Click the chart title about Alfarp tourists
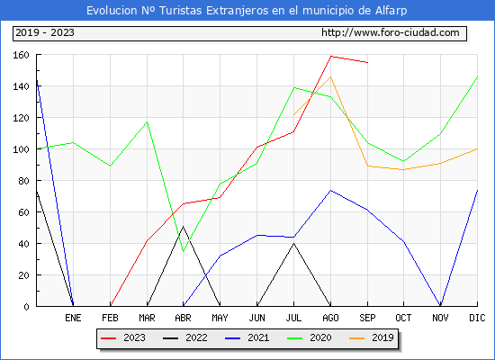coord(247,11)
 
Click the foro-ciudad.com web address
coord(391,32)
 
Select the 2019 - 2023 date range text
coord(45,32)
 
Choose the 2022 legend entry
coord(185,337)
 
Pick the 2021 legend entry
coord(247,337)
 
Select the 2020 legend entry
coord(310,337)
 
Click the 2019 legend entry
coord(372,337)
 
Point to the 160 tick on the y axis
coord(21,55)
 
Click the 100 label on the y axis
coord(21,149)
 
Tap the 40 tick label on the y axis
coord(23,244)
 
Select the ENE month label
coord(73,318)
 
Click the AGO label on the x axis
coord(330,318)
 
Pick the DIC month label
coord(477,318)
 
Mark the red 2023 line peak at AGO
coord(331,56)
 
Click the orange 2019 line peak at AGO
coord(331,76)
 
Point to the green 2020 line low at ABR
coord(183,252)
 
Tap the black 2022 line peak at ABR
coord(183,227)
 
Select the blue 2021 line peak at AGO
coord(331,191)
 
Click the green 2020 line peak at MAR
coord(147,121)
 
